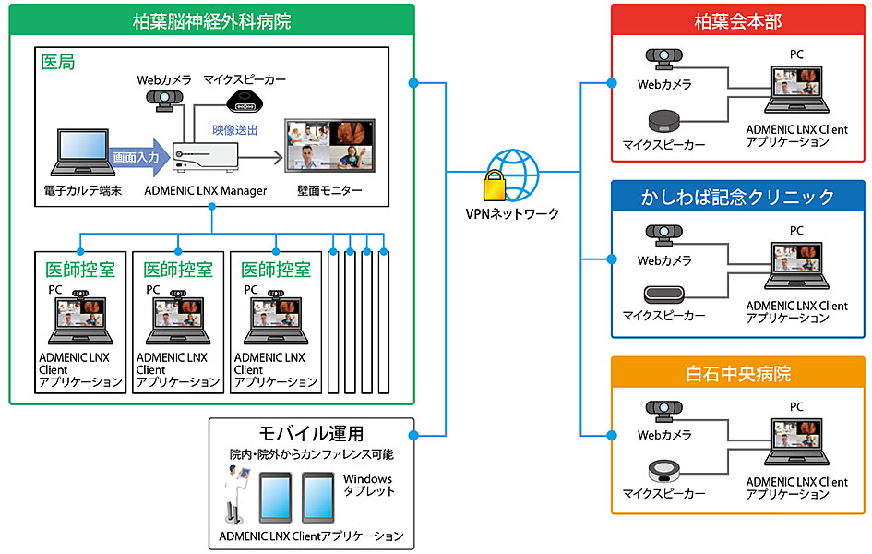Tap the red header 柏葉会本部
point(737,19)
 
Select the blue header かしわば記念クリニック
point(737,197)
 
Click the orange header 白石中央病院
point(737,374)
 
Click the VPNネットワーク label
point(512,214)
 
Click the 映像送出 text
point(235,130)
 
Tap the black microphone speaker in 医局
point(243,100)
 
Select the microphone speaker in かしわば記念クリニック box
point(663,295)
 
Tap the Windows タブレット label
point(369,485)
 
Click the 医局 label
point(59,64)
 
